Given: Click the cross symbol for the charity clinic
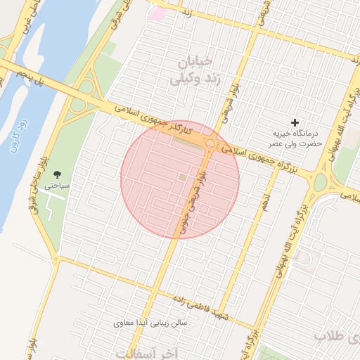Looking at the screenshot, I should [x=295, y=122].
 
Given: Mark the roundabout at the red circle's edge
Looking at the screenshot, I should [x=210, y=144].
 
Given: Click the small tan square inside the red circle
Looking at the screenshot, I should [x=183, y=178].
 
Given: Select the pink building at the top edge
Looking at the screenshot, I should [x=158, y=13].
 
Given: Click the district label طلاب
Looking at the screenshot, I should [x=331, y=336].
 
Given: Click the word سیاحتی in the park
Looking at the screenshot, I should [x=57, y=187].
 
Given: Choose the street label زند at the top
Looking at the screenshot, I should [x=186, y=13].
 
